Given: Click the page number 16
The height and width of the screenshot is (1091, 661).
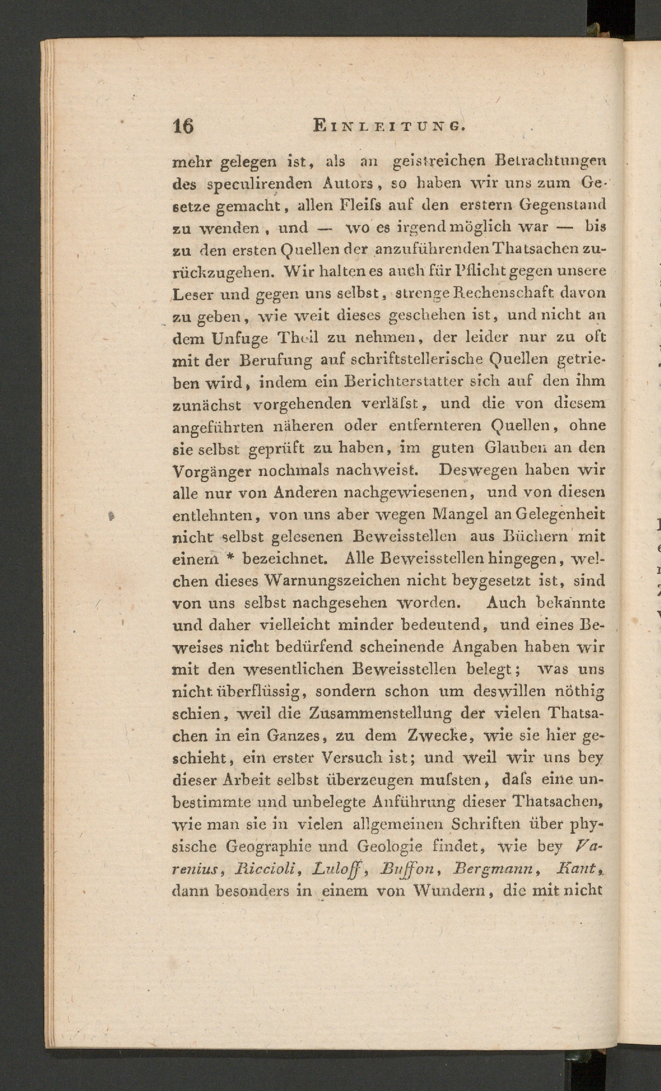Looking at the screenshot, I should [183, 126].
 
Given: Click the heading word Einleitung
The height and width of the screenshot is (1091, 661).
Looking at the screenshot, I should [388, 126].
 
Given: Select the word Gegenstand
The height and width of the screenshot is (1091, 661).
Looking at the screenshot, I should [562, 205].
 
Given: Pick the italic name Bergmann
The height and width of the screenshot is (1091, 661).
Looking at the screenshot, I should [492, 869].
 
